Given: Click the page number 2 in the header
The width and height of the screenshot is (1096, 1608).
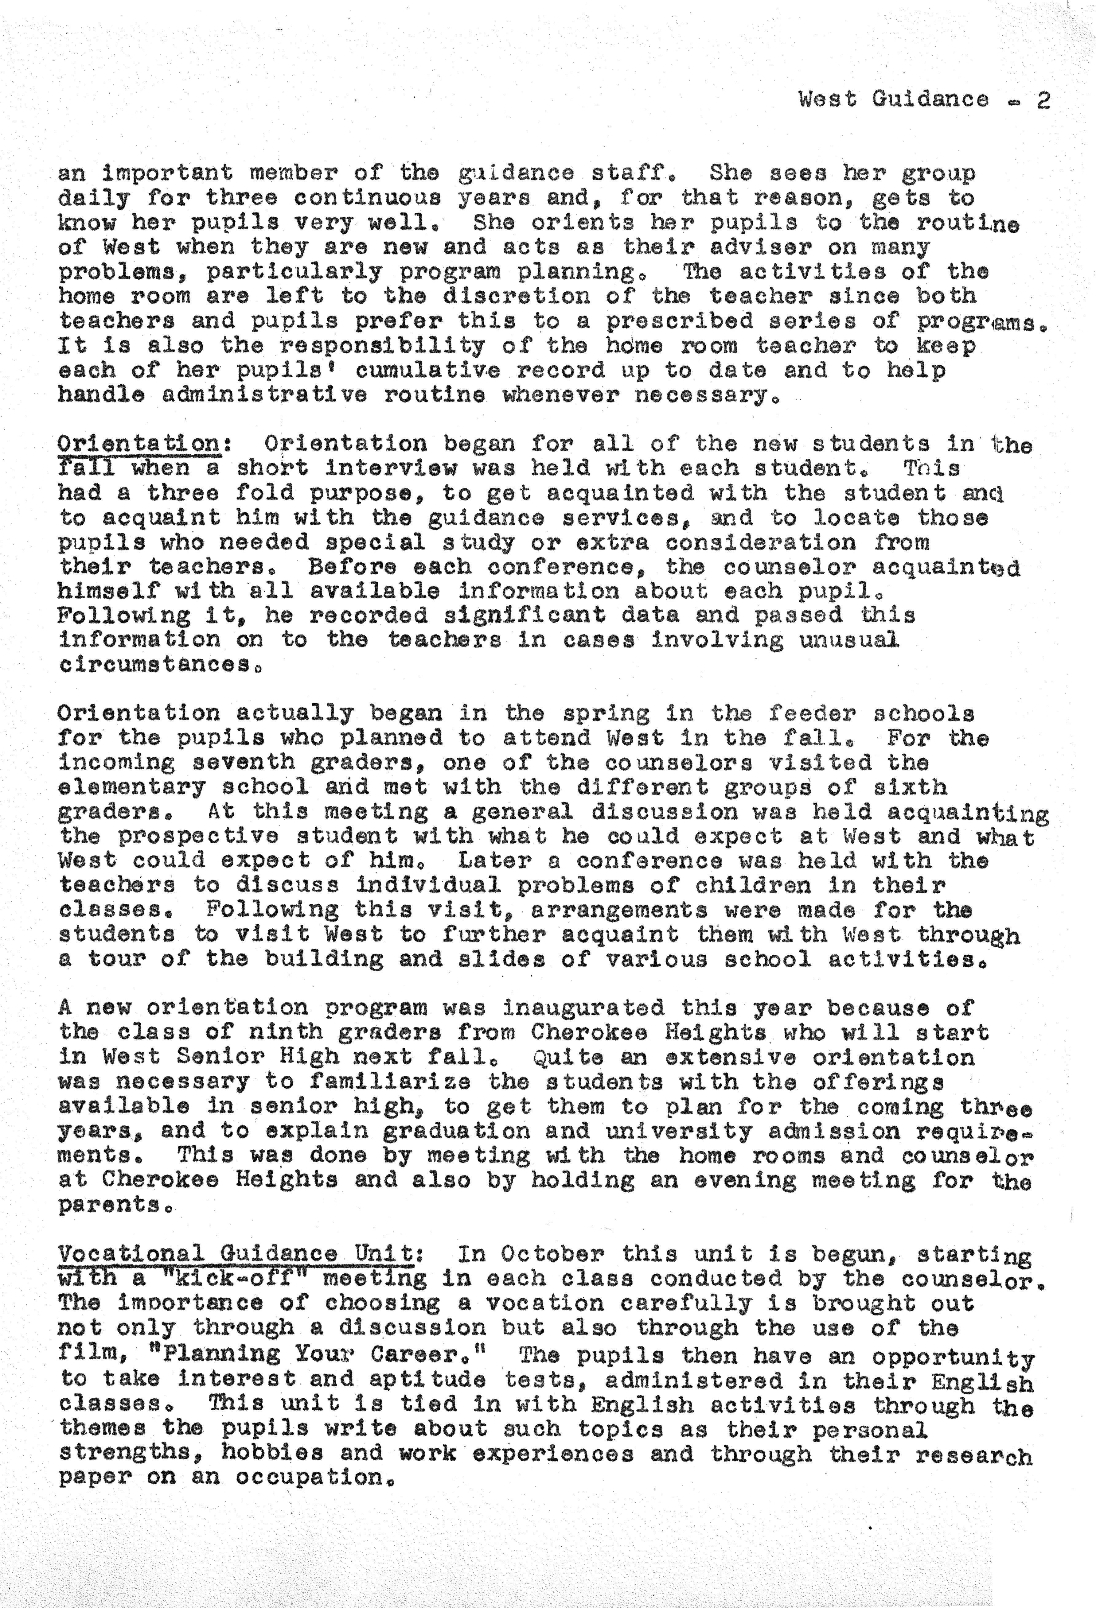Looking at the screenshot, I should tap(1043, 101).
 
